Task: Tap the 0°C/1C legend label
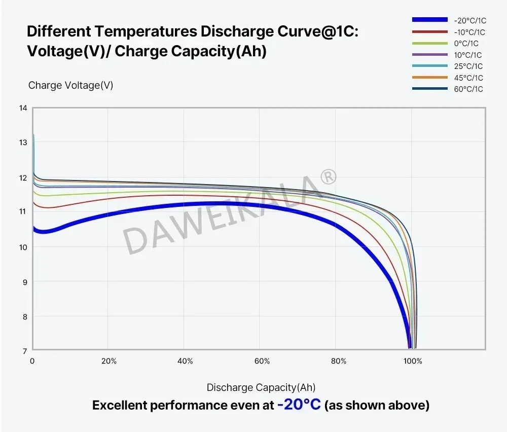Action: [x=466, y=44]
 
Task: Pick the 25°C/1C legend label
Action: [x=468, y=66]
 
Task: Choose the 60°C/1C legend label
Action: [x=468, y=89]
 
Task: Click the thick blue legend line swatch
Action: [x=429, y=20]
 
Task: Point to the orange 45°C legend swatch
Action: [x=429, y=77]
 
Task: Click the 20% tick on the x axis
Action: [x=109, y=362]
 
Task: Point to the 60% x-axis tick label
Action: [x=262, y=362]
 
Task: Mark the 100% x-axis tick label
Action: [x=413, y=362]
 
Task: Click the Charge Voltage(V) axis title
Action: [x=70, y=85]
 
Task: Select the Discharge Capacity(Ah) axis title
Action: [x=261, y=388]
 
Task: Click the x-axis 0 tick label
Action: [x=32, y=362]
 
